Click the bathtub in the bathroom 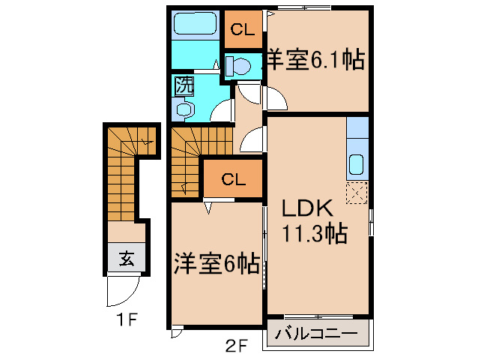(195, 26)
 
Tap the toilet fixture (240, 65)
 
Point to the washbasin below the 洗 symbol (184, 109)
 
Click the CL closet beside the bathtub (242, 30)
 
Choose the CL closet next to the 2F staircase (233, 180)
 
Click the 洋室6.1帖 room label (315, 60)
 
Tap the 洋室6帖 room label (217, 263)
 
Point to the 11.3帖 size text (314, 233)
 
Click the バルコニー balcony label (318, 333)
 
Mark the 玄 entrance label (127, 260)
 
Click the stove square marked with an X (357, 193)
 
